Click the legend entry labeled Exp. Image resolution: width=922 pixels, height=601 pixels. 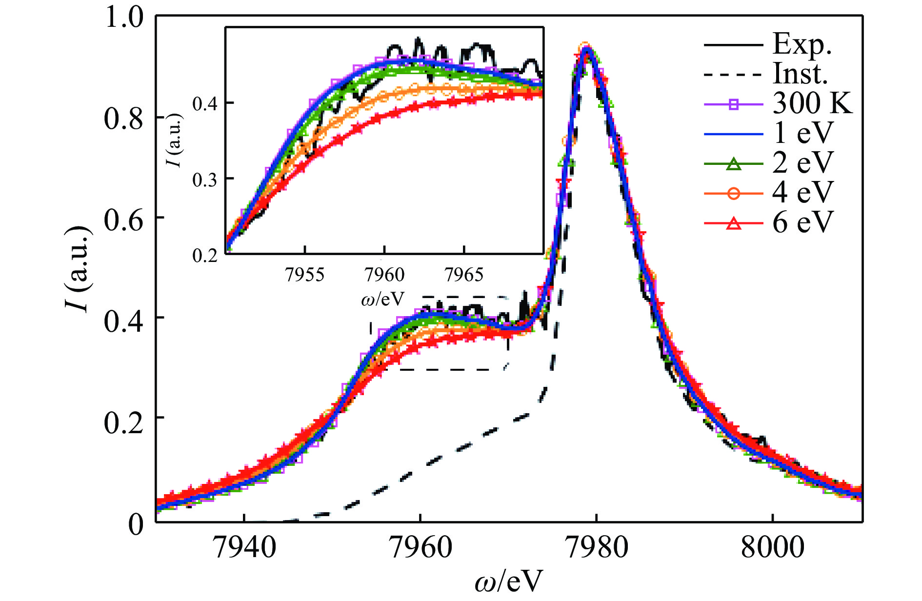pos(802,44)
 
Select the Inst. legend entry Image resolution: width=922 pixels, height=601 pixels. pos(801,74)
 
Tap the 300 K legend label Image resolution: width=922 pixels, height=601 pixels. pos(812,103)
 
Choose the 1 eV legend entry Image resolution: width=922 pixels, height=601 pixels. pos(802,133)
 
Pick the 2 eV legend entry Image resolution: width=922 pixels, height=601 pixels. pos(802,163)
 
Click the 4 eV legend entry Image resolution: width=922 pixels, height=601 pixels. pos(802,193)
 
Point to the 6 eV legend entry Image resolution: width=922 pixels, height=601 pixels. pos(802,222)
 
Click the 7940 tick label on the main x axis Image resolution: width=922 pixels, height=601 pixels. pos(244,547)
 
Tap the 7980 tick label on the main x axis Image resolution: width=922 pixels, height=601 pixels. pos(596,547)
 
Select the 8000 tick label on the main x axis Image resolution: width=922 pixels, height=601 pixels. pos(772,547)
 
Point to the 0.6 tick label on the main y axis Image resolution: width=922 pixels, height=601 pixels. pos(124,219)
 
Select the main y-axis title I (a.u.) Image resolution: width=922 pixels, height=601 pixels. pos(78,269)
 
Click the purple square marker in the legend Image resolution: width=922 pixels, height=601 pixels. pos(733,104)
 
